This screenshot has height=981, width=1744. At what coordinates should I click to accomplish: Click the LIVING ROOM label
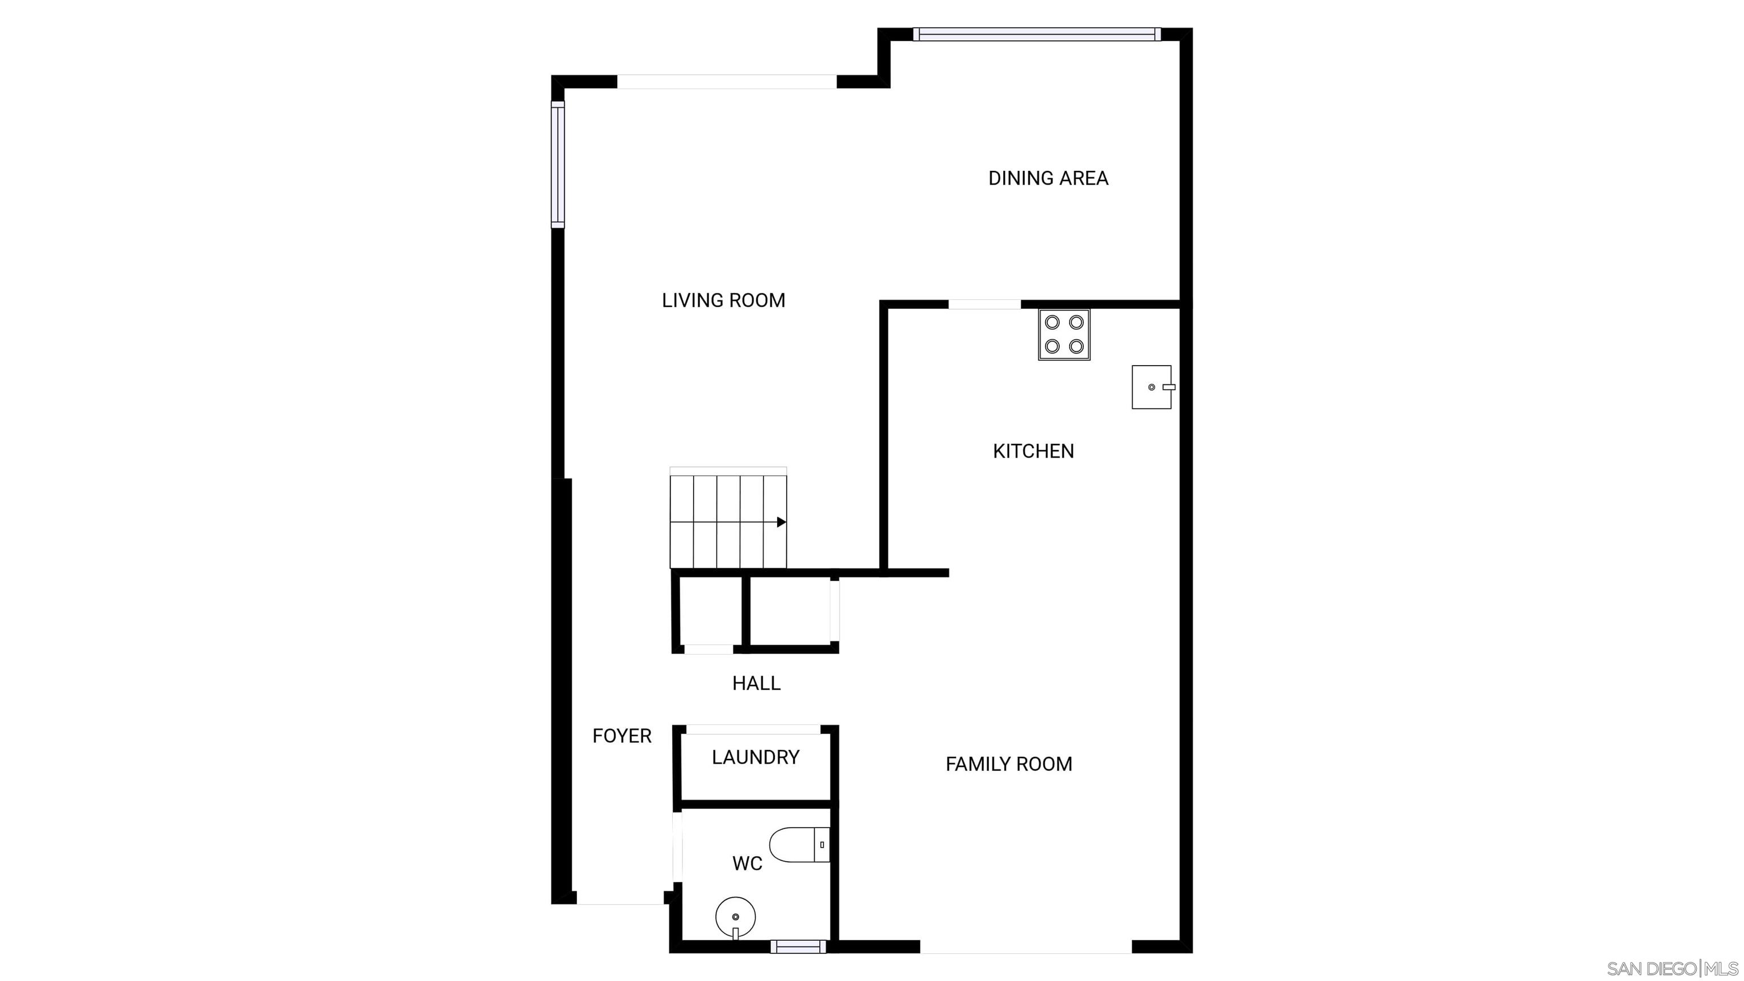pos(723,300)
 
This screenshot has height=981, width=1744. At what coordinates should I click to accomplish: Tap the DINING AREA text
pos(1048,178)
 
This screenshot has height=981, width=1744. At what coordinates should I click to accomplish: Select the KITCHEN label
pos(1033,451)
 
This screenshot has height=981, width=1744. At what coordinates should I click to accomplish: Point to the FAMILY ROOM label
pos(1009,764)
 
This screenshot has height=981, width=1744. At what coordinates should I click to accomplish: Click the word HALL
pos(756,683)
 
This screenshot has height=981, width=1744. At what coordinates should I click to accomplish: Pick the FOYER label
pos(622,736)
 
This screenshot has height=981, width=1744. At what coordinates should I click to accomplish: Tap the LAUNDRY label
pos(756,757)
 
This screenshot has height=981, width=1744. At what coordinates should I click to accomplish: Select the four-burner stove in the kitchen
pos(1064,334)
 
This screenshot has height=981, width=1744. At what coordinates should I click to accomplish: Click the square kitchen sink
pos(1153,387)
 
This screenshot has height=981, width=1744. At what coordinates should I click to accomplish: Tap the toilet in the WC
pos(799,844)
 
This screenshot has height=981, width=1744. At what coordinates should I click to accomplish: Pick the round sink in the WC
pos(736,917)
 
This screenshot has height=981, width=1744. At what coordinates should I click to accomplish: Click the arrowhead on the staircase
pos(781,522)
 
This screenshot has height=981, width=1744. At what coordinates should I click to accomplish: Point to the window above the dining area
pos(1037,34)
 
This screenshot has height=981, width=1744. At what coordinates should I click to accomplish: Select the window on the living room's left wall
pos(558,165)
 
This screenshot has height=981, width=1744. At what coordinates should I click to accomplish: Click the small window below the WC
pos(798,946)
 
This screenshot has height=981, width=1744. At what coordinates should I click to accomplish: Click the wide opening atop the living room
pos(727,81)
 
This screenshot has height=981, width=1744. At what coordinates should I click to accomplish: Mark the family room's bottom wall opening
pos(1026,946)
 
